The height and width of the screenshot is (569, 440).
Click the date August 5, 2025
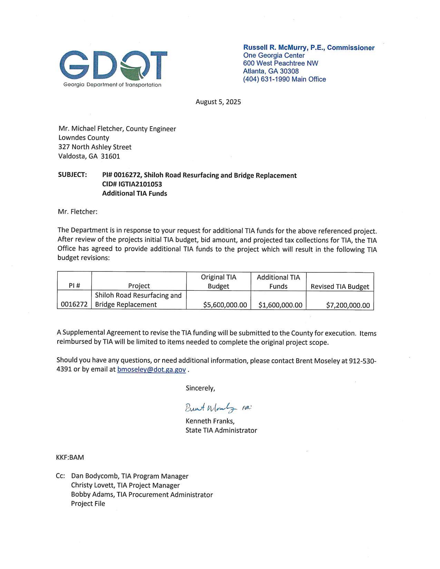pos(218,102)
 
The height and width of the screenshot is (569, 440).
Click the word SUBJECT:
pos(72,175)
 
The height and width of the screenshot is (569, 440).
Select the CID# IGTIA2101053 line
pos(132,184)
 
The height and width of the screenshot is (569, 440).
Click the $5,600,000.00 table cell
pos(225,305)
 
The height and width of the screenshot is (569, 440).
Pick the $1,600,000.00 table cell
pos(280,305)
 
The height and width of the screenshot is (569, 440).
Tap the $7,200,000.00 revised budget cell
pos(348,305)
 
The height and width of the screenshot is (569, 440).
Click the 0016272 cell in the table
pos(74,305)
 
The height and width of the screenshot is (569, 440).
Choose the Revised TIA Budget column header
pos(340,287)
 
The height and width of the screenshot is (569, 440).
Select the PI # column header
pos(74,286)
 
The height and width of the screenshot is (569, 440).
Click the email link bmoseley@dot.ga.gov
pos(151,369)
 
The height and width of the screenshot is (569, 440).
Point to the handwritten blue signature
pos(211,408)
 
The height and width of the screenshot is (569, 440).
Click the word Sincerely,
pos(200,388)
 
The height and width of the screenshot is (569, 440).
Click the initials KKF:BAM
pos(70,458)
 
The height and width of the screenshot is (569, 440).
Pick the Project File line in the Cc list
pos(88,503)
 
